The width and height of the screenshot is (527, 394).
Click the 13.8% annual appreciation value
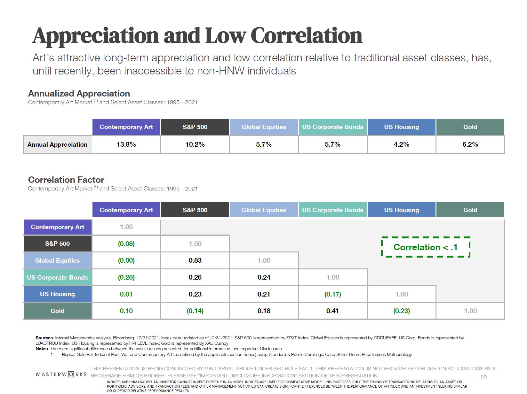(126, 144)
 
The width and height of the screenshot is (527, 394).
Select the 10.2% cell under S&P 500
(195, 144)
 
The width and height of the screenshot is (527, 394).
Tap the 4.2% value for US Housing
(401, 144)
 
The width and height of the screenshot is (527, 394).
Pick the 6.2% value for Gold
(470, 144)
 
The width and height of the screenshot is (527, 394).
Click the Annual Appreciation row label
(57, 144)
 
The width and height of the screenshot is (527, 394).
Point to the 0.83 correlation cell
(195, 260)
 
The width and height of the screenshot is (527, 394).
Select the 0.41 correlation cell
(332, 311)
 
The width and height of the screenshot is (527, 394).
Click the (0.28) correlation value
(126, 277)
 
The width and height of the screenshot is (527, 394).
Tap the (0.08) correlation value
(126, 244)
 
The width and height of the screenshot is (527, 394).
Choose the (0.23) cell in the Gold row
(401, 311)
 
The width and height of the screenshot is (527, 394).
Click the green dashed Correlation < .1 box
(425, 247)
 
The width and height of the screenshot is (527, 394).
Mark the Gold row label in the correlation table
(57, 311)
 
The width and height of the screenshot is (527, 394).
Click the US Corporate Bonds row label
(57, 277)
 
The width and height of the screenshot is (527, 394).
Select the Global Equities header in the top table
(264, 127)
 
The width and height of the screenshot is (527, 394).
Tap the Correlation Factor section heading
(66, 180)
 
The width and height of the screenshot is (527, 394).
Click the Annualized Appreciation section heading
(79, 93)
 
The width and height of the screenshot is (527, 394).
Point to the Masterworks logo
(61, 374)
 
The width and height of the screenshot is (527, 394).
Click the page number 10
(483, 377)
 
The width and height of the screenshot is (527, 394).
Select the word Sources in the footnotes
(44, 338)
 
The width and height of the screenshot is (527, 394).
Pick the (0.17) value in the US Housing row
(332, 294)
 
